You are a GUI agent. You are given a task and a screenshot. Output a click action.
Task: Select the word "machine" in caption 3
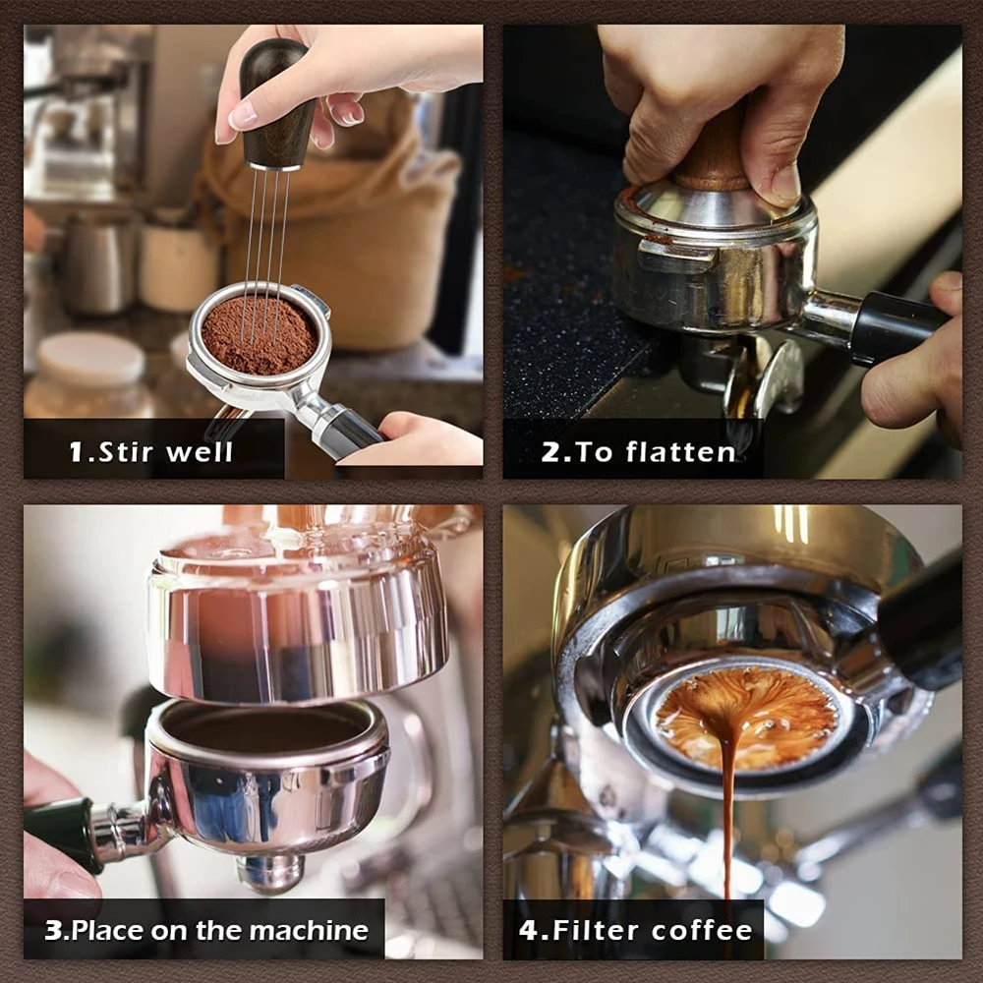click(309, 930)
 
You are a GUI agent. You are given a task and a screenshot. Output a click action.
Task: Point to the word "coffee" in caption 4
click(702, 930)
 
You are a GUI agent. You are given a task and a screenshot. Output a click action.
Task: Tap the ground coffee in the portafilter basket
click(259, 334)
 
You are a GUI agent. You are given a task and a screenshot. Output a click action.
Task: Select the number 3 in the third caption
click(53, 930)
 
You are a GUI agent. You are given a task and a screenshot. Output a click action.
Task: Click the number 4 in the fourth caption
click(529, 930)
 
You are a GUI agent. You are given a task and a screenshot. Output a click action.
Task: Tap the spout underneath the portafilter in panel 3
click(269, 871)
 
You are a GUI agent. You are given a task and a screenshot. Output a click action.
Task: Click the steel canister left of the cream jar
click(99, 263)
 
